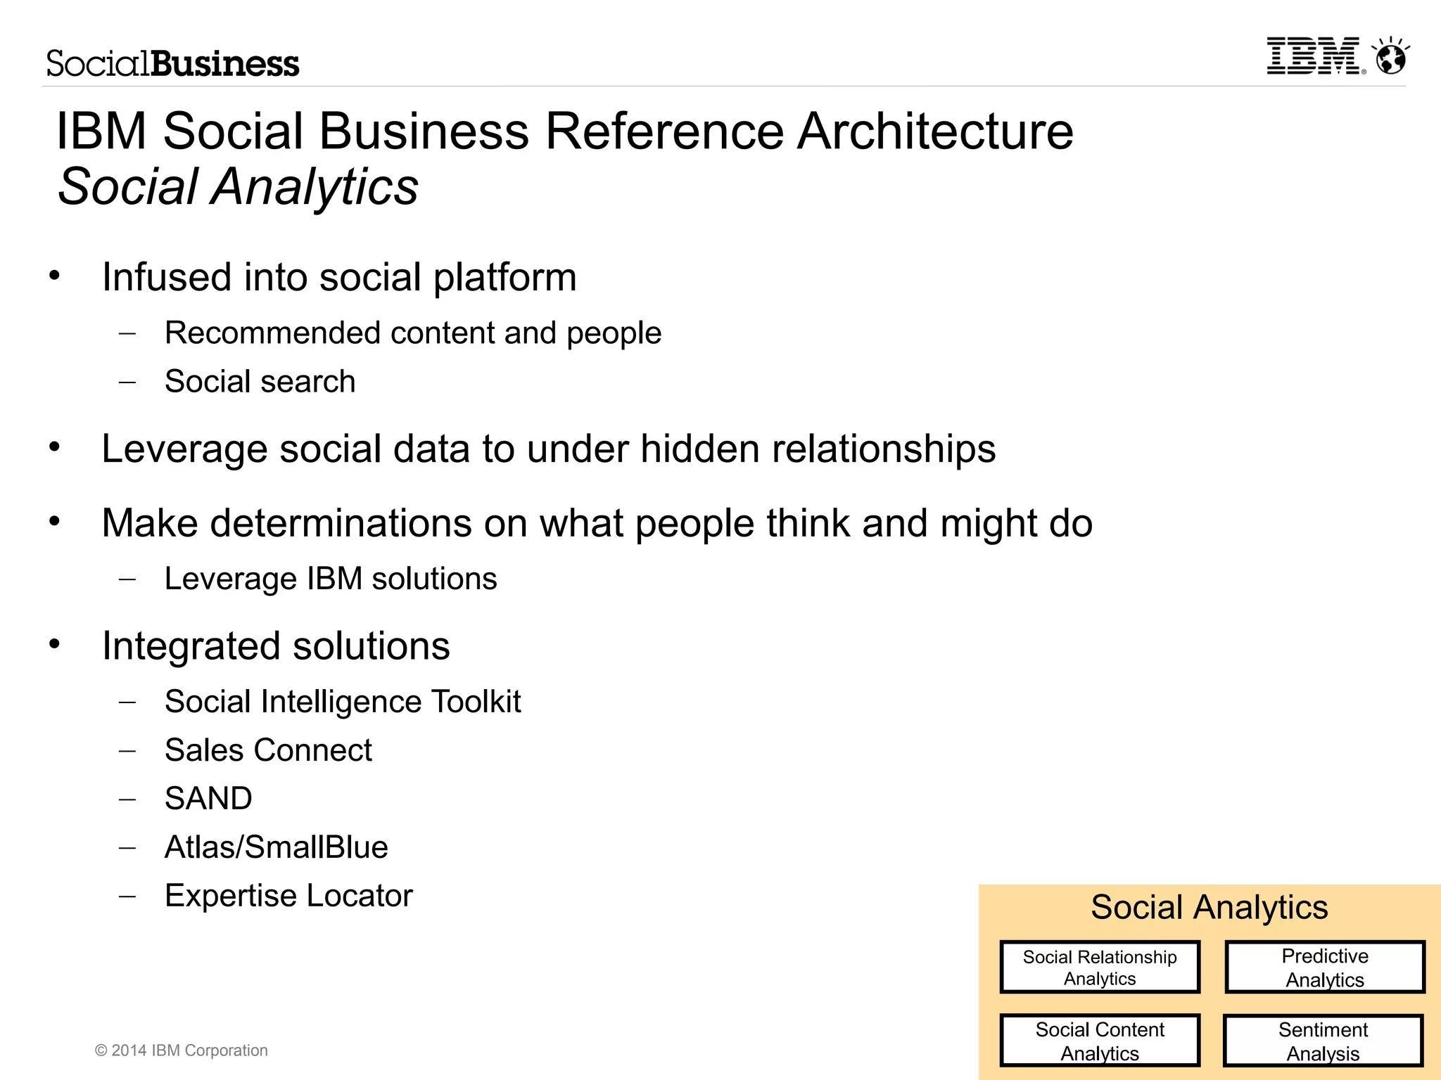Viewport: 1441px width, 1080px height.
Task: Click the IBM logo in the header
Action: tap(1313, 56)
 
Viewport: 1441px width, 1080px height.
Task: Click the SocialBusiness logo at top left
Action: tap(172, 63)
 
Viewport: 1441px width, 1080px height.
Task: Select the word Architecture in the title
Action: tap(935, 131)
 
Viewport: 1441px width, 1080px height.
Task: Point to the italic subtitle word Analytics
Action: tap(315, 187)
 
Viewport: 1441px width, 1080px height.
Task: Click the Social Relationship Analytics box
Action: tap(1100, 967)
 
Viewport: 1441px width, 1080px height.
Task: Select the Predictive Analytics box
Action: tap(1325, 967)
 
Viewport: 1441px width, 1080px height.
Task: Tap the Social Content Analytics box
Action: tap(1100, 1041)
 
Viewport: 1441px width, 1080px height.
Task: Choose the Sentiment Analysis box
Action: tap(1323, 1041)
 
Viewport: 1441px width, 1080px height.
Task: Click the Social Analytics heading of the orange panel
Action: tap(1209, 907)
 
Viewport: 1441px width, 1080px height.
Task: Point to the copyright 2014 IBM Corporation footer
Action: tap(182, 1050)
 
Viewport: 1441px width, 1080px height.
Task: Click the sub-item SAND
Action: tap(208, 799)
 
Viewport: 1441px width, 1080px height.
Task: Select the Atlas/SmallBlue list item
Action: tap(276, 847)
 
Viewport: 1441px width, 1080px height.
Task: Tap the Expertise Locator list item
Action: tap(288, 896)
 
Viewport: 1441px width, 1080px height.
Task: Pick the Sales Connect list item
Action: tap(268, 750)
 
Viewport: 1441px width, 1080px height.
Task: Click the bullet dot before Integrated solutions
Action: tap(55, 644)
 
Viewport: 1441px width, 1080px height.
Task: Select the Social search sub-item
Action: tap(260, 382)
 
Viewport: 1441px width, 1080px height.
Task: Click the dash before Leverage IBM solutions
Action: tap(127, 579)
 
